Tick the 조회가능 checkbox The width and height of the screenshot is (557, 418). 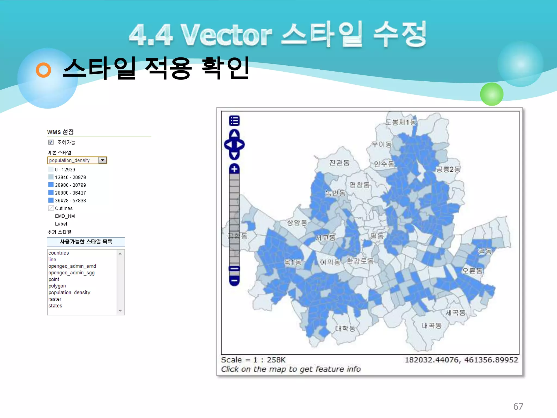[x=51, y=142]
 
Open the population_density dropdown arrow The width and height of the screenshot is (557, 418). [x=103, y=160]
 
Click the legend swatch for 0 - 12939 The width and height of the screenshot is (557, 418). [x=51, y=169]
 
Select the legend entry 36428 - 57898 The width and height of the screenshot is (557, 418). [x=70, y=201]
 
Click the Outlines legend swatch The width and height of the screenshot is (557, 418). [x=51, y=208]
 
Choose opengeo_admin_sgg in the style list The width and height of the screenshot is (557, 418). [x=72, y=273]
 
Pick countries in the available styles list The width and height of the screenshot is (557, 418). [x=59, y=253]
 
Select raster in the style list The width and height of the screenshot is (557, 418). [x=55, y=299]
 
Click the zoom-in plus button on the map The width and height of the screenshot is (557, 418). [x=234, y=169]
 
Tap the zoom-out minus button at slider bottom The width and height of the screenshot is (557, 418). [x=234, y=281]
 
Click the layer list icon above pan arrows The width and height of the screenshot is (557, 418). [x=234, y=121]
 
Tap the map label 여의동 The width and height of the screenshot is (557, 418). [x=330, y=262]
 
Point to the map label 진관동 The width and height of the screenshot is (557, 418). [x=339, y=163]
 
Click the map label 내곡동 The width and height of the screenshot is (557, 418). [x=431, y=325]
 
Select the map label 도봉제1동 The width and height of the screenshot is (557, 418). [x=401, y=122]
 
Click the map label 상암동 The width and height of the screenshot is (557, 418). [x=297, y=223]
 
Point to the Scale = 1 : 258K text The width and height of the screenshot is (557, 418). [x=253, y=360]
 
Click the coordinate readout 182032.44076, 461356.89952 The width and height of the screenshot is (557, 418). [x=461, y=360]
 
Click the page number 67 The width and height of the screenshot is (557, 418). [x=518, y=406]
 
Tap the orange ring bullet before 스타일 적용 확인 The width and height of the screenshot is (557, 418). [x=44, y=70]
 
